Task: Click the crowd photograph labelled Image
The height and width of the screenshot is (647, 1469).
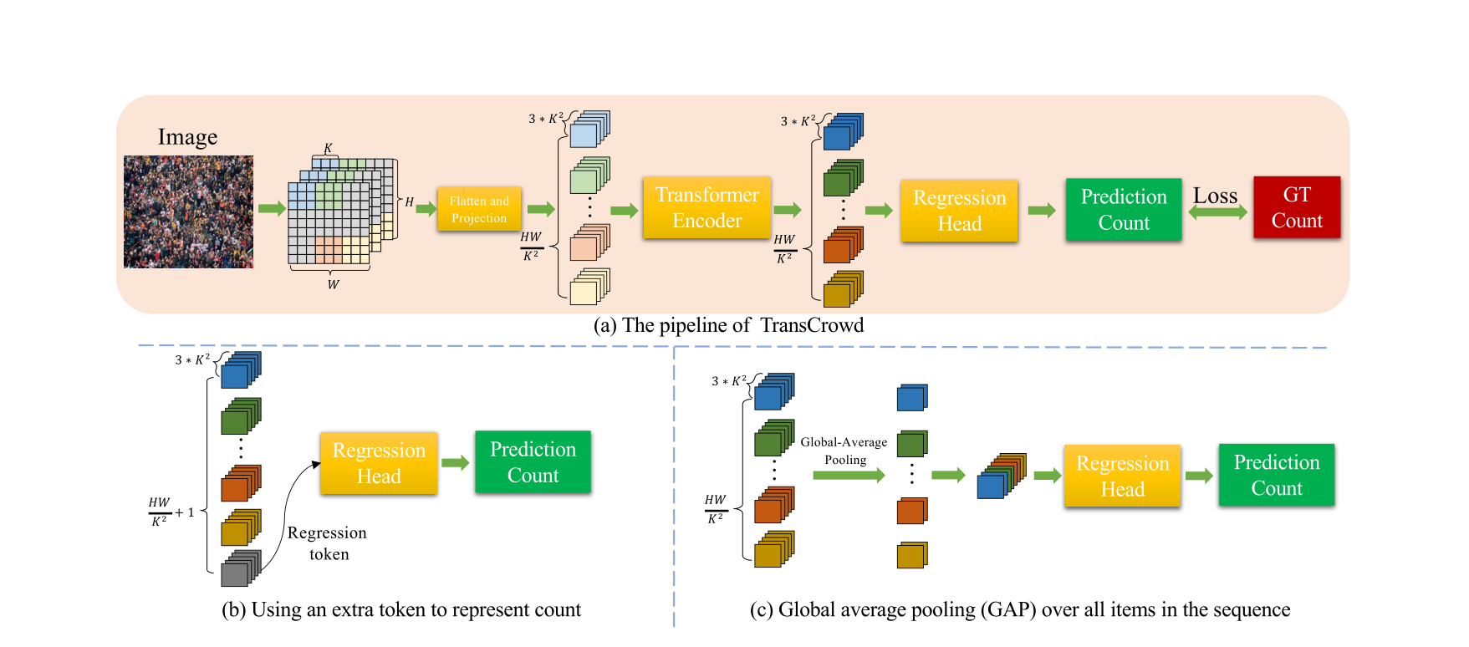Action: point(188,211)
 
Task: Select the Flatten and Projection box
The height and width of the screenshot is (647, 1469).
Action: point(479,209)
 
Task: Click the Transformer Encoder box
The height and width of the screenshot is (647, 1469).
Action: point(706,207)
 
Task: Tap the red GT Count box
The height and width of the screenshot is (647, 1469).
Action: point(1296,207)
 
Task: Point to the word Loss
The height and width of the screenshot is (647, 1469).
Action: point(1215,196)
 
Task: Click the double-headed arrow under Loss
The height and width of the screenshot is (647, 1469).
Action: point(1217,213)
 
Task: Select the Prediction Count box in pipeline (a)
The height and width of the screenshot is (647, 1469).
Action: point(1123,210)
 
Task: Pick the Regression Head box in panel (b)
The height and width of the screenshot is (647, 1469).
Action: point(379,463)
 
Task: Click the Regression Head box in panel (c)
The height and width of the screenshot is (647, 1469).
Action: point(1122,476)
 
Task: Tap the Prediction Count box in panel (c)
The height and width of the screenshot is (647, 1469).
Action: point(1276,475)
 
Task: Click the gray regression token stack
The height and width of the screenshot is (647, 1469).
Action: point(240,568)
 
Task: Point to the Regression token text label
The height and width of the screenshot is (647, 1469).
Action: point(327,543)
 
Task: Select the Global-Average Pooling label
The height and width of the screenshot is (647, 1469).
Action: point(844,451)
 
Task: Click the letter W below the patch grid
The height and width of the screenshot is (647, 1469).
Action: point(333,285)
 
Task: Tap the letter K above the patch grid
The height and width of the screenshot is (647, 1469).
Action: point(328,148)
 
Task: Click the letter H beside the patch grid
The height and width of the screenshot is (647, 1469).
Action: point(409,202)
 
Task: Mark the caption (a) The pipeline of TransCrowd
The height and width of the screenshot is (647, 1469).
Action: point(728,325)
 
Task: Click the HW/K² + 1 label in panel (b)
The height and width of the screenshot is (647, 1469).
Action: point(171,512)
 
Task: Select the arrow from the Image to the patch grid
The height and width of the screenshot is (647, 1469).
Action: point(271,208)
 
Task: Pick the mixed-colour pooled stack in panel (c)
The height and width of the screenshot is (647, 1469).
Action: point(1001,476)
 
